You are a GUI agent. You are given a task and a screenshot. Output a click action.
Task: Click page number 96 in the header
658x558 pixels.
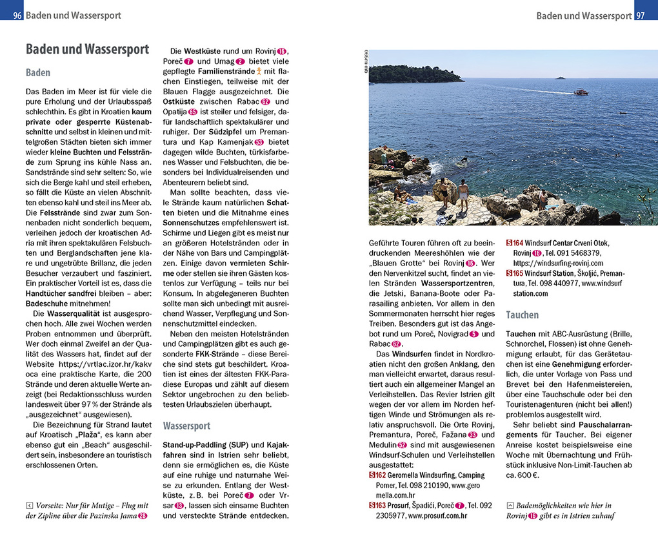point(17,15)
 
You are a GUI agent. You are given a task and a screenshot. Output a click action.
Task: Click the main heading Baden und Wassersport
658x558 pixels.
point(87,49)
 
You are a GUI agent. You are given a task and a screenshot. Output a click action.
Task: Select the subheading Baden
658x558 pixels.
point(38,73)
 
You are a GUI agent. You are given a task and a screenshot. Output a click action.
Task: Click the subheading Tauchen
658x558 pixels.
point(522,315)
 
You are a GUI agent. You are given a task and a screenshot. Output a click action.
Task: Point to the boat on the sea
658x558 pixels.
point(581,92)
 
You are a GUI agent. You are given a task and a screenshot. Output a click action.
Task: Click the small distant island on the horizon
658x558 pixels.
point(559,77)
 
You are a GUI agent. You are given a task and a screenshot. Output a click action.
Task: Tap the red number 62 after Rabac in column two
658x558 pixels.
point(264,102)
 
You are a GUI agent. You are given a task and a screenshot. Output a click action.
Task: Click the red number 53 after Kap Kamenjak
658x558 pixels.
point(259,141)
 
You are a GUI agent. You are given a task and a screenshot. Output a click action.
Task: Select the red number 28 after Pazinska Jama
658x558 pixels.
point(143,515)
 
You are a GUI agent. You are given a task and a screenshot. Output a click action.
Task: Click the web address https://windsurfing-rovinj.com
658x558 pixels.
point(558,263)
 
